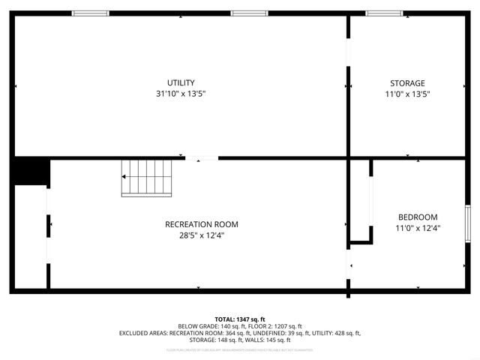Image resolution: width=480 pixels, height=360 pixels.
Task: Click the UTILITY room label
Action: coord(181,82)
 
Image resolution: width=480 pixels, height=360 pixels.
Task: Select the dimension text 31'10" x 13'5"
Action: coord(181,94)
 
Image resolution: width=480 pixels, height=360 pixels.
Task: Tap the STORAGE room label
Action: coord(407,83)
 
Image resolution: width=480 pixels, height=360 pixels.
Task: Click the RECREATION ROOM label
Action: coord(202,224)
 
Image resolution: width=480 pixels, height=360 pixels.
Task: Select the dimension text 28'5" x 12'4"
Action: coord(202,235)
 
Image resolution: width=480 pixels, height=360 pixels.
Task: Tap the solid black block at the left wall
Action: coord(29,172)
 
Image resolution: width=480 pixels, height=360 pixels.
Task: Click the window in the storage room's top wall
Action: coord(383,13)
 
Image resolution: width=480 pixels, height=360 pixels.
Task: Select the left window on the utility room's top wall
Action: coord(90,13)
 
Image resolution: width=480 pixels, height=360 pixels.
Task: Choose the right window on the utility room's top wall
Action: coord(249,13)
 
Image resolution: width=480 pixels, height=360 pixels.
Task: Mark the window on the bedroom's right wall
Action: coord(468,223)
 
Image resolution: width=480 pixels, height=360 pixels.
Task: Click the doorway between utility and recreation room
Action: coord(202,158)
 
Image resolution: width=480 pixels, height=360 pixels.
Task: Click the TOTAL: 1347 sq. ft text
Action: coord(240,319)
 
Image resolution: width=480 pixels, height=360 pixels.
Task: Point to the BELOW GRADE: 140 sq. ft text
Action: coord(209,326)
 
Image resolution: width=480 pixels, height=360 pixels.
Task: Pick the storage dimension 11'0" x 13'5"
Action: coord(407,94)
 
